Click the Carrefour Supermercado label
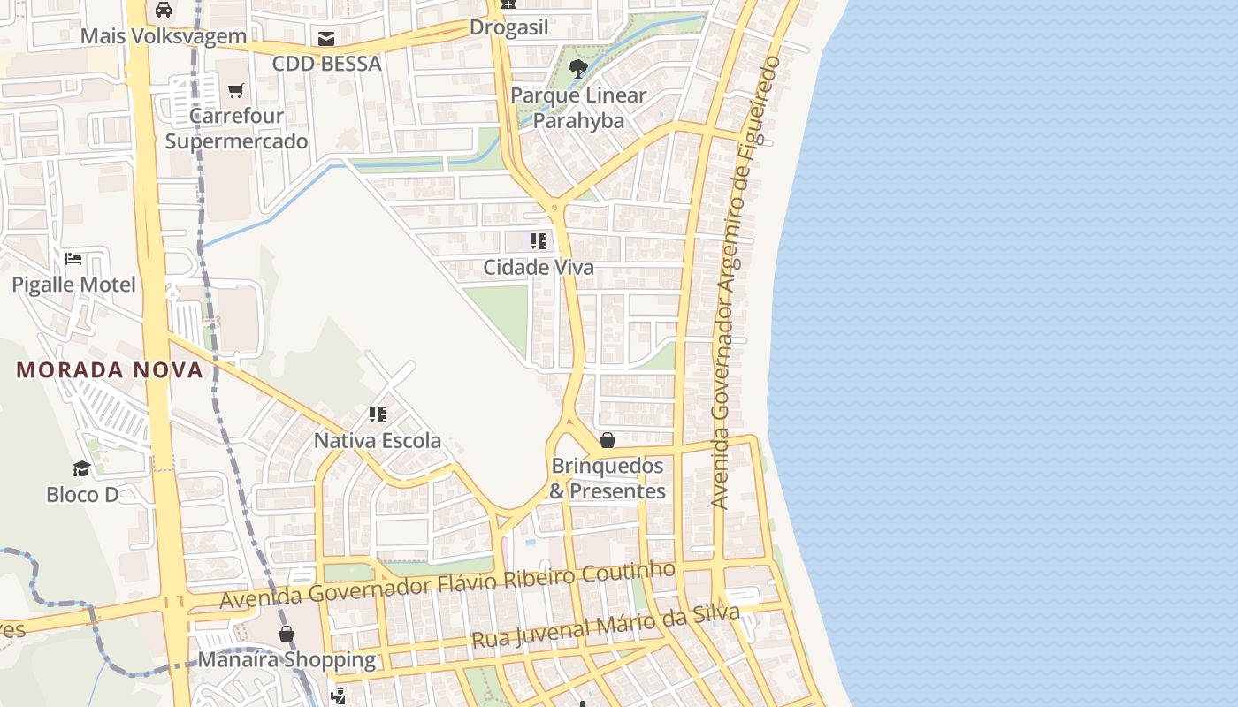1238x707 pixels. pos(236,128)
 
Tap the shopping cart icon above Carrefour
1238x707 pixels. pos(236,90)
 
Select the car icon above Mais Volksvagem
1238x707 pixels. pos(164,10)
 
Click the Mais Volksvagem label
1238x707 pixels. pos(164,36)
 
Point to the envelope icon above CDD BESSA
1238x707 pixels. pos(326,38)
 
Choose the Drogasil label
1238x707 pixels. pos(508,27)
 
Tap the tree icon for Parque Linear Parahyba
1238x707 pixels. pos(578,68)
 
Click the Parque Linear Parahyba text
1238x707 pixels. pos(578,108)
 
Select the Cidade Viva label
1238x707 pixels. pos(539,267)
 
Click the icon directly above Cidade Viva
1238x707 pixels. pos(539,240)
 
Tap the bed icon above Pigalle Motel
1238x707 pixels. pos(73,259)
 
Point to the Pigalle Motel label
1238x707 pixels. pos(73,285)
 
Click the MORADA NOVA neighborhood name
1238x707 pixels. pos(110,369)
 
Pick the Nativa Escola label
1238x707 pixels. pos(378,440)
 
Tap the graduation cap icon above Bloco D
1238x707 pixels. pos(82,468)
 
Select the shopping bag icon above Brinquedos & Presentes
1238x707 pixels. pos(608,439)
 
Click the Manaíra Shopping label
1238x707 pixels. pos(287,659)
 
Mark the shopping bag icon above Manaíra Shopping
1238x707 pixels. pos(287,633)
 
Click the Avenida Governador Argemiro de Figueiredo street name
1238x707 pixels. pos(747,283)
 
